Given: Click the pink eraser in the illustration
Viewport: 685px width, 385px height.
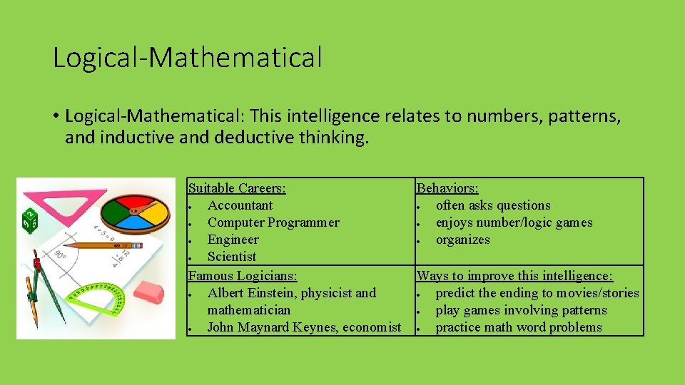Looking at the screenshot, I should (x=148, y=291).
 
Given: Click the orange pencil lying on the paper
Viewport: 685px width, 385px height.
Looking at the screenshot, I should (x=107, y=245).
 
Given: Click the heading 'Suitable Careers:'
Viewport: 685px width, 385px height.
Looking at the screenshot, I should (x=237, y=188).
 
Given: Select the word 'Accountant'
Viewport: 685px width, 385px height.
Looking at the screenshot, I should (x=240, y=205).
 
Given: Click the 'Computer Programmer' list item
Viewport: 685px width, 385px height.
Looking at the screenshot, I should (x=273, y=222).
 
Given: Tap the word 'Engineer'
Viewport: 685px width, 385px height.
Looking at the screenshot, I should (x=233, y=240).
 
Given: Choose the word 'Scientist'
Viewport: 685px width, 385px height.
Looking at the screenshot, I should (x=232, y=257).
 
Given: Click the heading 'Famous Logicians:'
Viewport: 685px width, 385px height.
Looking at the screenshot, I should (x=243, y=275).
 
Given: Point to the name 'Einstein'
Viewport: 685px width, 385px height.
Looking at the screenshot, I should (x=270, y=293).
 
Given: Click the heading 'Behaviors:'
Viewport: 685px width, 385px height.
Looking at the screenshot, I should (x=447, y=188).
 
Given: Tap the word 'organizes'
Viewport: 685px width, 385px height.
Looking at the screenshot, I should (x=463, y=240).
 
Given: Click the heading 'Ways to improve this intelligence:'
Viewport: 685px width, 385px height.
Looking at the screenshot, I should (x=514, y=275).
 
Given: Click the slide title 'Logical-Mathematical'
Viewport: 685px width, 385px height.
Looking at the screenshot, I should (x=188, y=58).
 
